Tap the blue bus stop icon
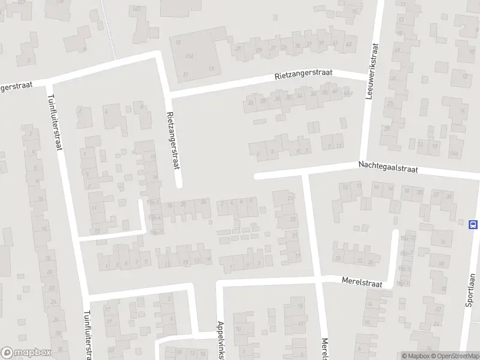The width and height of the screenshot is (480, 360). pos(473,224)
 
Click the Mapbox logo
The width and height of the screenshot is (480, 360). pos(25,353)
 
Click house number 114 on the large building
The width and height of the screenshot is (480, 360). pos(190,56)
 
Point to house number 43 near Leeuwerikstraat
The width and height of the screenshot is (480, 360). pos(349,44)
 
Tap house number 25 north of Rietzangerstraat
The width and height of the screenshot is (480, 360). pos(239,49)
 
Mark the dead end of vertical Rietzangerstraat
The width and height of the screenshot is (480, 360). pos(178,185)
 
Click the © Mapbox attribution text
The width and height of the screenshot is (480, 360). pos(416,356)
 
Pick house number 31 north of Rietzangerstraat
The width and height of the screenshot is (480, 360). pos(273,49)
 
